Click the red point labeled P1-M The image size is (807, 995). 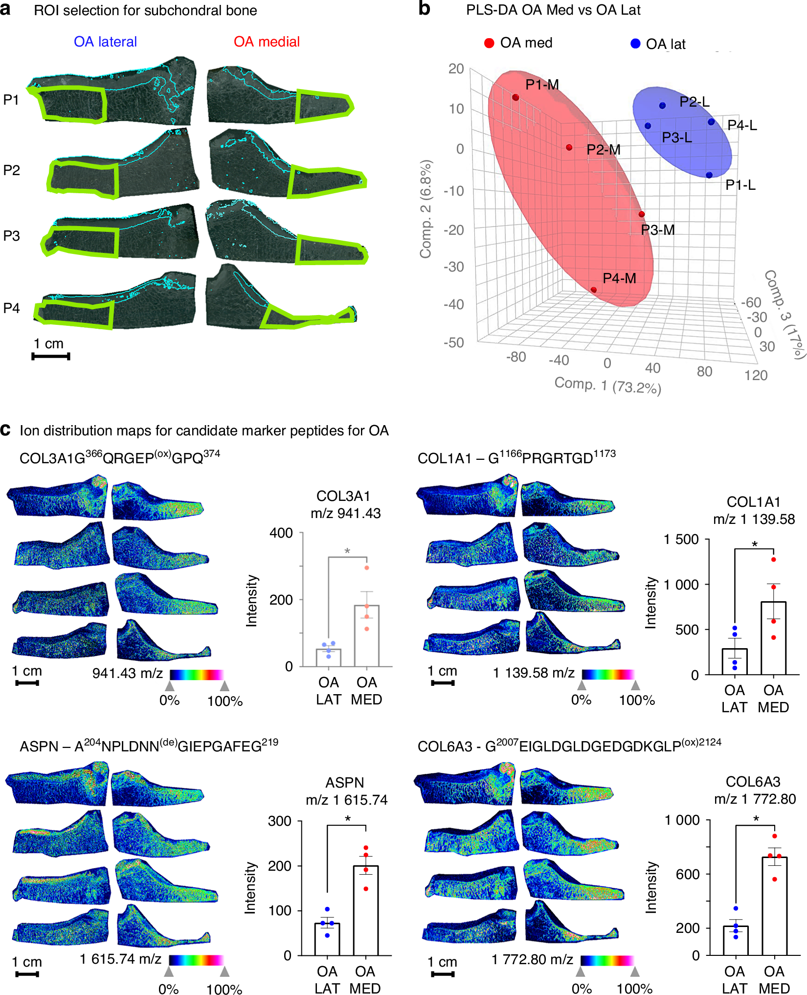tap(516, 97)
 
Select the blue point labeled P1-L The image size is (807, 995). tap(709, 175)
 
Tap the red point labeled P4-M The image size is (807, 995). tap(594, 290)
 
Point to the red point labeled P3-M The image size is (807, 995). tap(642, 214)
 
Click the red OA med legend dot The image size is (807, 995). tap(489, 43)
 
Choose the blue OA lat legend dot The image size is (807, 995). tap(635, 44)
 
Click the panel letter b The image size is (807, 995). tap(424, 9)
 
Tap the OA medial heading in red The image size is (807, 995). tap(267, 42)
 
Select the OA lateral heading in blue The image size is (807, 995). tap(105, 42)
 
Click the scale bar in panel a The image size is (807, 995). tap(51, 356)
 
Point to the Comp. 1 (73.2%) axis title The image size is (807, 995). tap(607, 385)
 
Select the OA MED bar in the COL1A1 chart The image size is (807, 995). tap(773, 638)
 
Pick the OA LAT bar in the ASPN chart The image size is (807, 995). tap(327, 939)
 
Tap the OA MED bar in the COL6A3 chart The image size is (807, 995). tap(775, 905)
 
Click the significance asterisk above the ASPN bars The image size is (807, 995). tap(347, 818)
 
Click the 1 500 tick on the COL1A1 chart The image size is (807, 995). tap(681, 540)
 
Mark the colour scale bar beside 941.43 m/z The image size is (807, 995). tap(197, 675)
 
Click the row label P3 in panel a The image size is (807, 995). tap(12, 236)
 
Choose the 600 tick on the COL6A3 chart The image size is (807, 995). tap(688, 874)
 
